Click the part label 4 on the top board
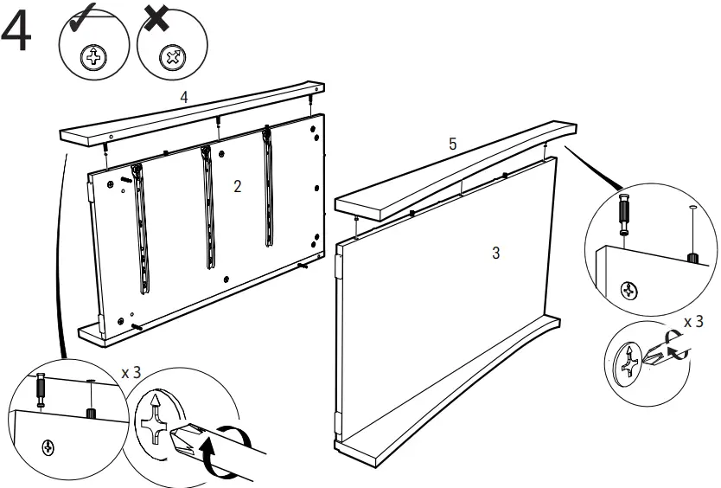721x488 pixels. [x=183, y=98]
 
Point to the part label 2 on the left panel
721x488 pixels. [x=237, y=186]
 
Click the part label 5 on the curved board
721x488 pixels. [x=452, y=144]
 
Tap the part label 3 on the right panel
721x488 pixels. [x=495, y=253]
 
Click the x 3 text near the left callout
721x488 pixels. [x=131, y=373]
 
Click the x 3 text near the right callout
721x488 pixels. [x=693, y=322]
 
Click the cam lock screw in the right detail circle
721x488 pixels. [x=631, y=288]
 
